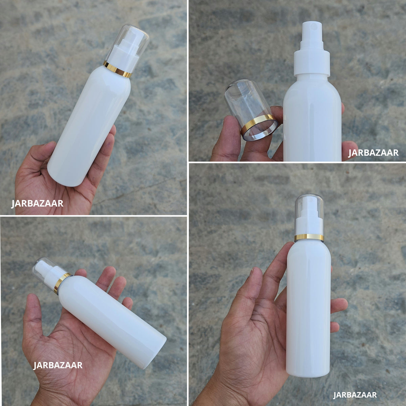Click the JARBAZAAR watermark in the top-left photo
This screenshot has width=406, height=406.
point(37,204)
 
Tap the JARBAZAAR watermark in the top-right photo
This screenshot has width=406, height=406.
point(373,153)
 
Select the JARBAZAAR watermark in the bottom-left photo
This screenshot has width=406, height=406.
point(58,365)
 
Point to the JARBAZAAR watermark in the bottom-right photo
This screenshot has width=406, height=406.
point(355,394)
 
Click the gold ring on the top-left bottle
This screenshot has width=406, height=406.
point(117,69)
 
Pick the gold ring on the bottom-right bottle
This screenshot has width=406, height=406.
point(309,237)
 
